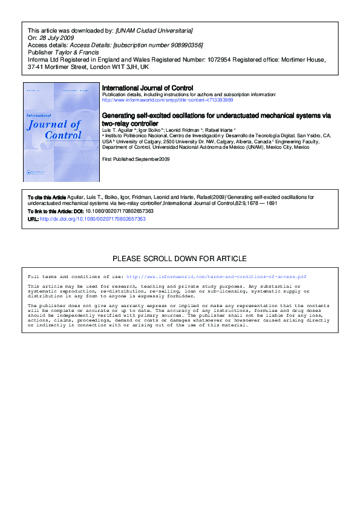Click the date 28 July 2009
(54, 37)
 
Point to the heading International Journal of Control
(148, 88)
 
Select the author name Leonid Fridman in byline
(184, 129)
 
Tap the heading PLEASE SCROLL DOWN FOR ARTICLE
(180, 259)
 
